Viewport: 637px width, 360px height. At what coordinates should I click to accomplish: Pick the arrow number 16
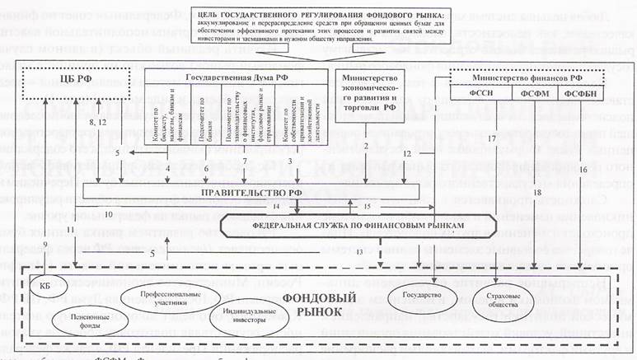click(x=583, y=168)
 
